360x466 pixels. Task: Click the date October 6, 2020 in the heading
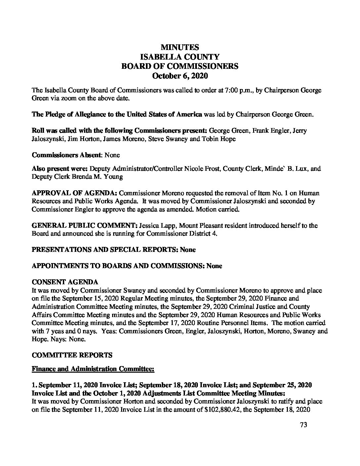180,76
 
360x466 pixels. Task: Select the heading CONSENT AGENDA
65,282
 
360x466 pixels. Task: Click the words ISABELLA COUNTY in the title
180,57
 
